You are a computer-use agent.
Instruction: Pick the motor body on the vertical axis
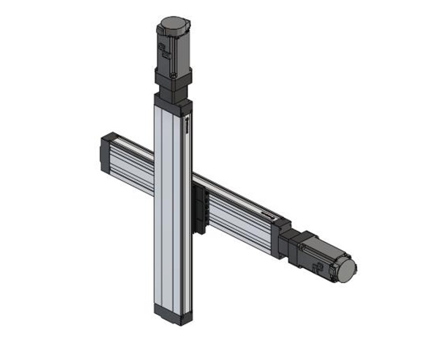173,50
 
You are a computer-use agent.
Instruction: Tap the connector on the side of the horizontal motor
318,268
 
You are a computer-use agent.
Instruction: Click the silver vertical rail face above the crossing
170,138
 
